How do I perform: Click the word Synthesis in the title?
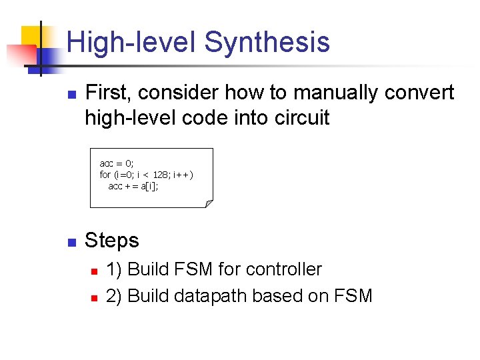point(267,42)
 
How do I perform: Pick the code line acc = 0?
point(117,163)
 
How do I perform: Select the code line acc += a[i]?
point(133,186)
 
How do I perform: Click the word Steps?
point(112,241)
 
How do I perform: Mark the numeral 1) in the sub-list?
point(114,269)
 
